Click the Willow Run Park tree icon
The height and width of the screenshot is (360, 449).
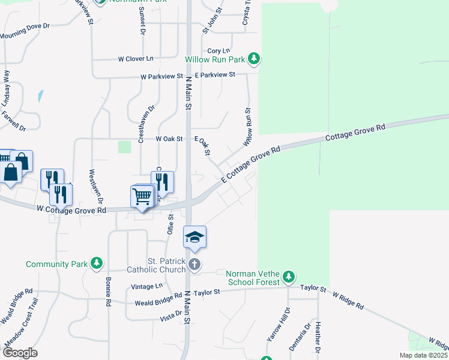coord(255,59)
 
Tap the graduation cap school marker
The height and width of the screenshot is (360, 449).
coord(195,238)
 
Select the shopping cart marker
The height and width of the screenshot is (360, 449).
coord(142,196)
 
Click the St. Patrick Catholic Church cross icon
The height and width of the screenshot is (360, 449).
coord(193,264)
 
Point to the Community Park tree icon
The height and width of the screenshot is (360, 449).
coord(96,263)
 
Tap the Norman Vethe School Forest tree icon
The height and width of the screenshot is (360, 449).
coord(289,277)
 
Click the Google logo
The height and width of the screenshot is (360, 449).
coord(19,353)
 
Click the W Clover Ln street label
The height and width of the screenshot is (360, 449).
coord(136,59)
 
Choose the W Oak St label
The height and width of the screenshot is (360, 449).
coord(169,139)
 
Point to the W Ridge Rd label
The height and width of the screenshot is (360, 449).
coord(348,301)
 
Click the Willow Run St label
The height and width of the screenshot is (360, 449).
coord(247,127)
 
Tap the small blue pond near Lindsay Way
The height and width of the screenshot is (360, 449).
coord(40,95)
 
